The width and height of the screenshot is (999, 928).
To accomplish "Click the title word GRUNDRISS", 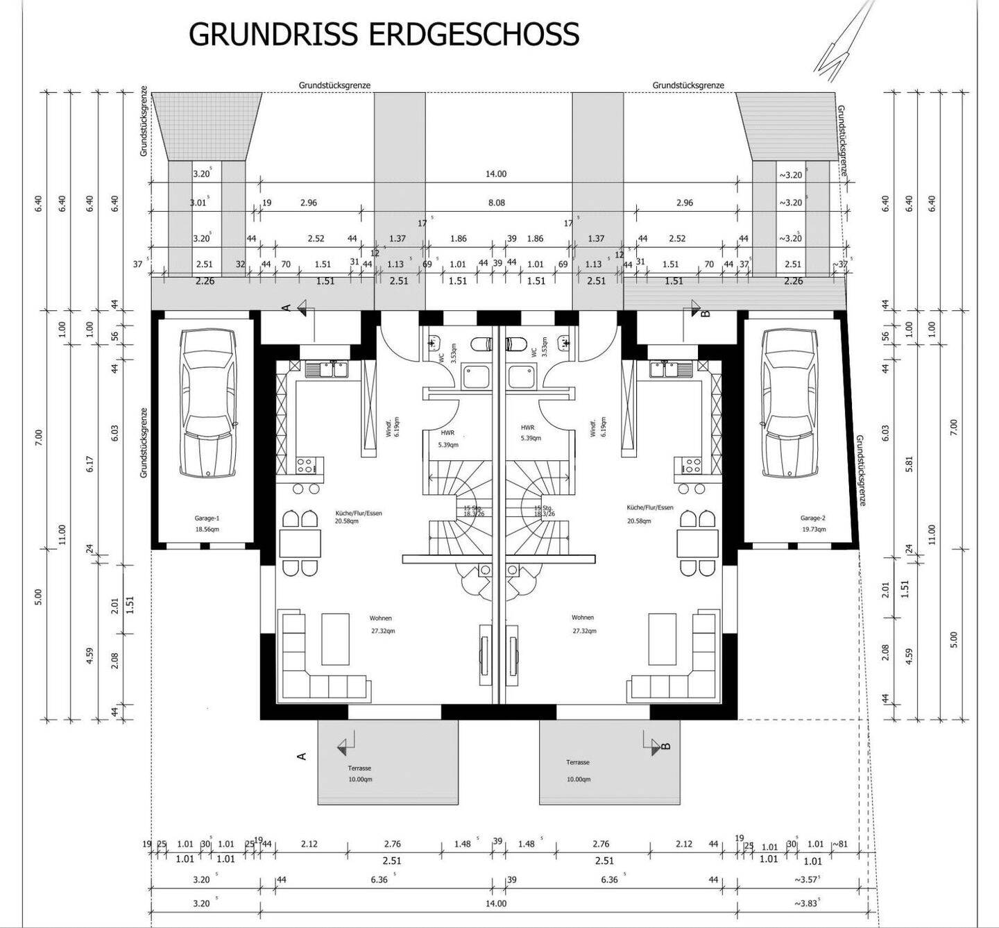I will [274, 34].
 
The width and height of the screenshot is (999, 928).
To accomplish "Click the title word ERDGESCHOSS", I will [474, 34].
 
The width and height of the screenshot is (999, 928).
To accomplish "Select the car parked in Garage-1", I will [207, 403].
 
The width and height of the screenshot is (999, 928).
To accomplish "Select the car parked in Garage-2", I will [789, 403].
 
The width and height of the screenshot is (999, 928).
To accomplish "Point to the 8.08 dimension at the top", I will [497, 203].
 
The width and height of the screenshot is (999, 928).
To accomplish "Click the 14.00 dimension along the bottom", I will [496, 904].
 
